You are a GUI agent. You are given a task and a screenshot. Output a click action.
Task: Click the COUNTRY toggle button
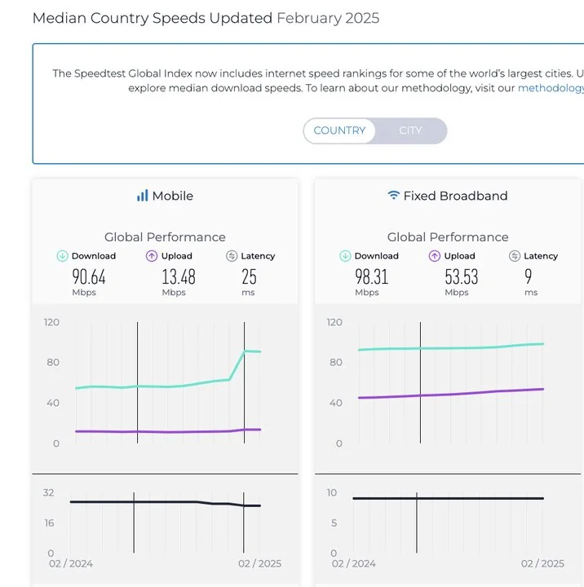point(339,130)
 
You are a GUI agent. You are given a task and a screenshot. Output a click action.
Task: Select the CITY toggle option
point(410,130)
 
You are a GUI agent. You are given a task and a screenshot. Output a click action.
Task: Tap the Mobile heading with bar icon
point(165,196)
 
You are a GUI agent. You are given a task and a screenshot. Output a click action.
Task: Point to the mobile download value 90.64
point(88,276)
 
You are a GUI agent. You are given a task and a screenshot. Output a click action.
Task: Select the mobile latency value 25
point(249,276)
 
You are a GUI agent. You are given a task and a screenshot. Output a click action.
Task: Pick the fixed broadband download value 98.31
point(372,276)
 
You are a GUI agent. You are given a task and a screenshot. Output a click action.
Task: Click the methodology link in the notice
point(551,88)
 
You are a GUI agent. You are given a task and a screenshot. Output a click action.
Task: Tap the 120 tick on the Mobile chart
point(51,322)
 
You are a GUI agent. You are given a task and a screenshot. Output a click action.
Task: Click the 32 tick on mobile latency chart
point(49,492)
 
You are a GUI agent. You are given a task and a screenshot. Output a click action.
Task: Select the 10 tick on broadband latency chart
point(331,492)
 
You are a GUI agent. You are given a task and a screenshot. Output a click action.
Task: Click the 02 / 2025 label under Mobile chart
point(259,563)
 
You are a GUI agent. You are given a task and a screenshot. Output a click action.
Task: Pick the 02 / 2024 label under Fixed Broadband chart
point(354,563)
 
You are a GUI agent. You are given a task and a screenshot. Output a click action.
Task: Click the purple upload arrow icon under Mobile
point(152,256)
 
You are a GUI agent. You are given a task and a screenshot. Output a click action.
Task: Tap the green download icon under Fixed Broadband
point(345,256)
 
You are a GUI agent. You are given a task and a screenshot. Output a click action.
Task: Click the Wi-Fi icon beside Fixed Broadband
point(394,196)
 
